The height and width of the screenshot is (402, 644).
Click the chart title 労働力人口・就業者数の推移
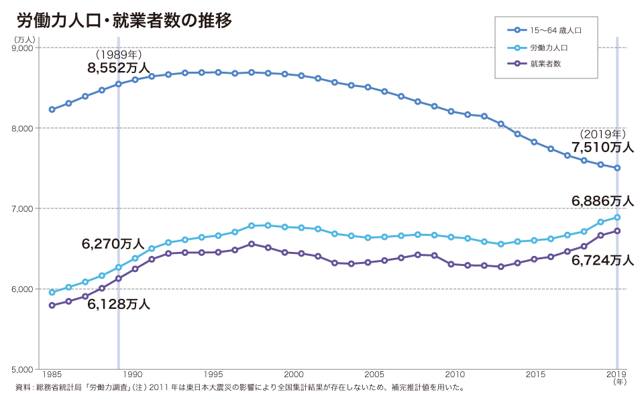(124, 21)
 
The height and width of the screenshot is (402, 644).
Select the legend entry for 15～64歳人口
(554, 31)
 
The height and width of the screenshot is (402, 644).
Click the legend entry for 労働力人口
(549, 48)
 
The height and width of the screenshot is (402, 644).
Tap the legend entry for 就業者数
(545, 64)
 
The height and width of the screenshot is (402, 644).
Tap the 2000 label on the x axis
(294, 374)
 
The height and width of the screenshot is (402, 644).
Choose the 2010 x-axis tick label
(455, 374)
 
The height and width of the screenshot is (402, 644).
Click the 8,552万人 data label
(119, 68)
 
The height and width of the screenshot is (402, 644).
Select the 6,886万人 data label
(602, 200)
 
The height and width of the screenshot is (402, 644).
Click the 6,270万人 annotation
(113, 245)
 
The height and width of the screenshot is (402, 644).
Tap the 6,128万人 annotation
(119, 304)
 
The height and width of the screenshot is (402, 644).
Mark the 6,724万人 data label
(602, 261)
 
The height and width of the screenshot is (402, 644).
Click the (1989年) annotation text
(119, 54)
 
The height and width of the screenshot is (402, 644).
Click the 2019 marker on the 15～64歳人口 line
(617, 168)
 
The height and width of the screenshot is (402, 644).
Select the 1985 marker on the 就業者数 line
(52, 306)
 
